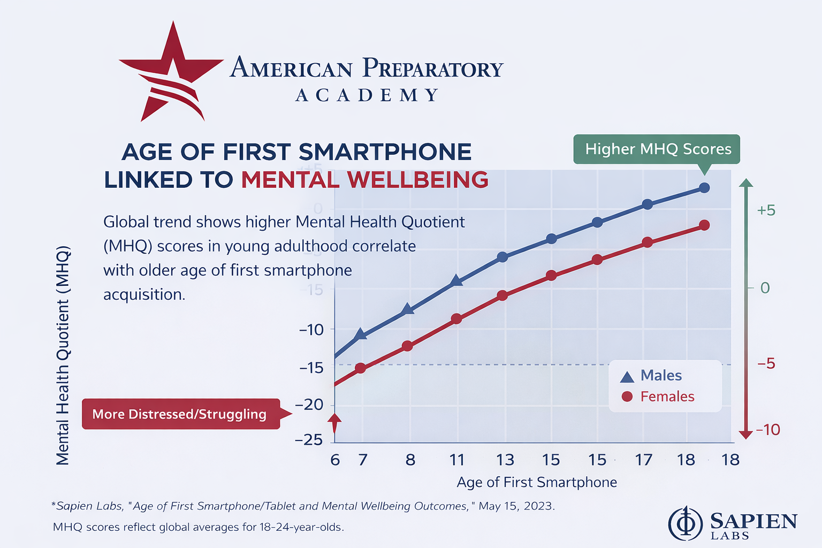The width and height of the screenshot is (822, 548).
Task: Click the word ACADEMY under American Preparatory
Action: [367, 95]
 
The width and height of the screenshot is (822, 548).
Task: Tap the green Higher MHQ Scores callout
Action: [657, 149]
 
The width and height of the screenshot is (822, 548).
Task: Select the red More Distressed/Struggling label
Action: [180, 414]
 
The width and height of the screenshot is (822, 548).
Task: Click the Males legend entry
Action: [651, 376]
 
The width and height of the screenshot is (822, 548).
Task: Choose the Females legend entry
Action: [658, 397]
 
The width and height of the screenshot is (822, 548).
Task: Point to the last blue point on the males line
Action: [704, 188]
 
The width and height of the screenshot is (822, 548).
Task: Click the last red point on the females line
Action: [704, 225]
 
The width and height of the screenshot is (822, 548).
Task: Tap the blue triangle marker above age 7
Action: [361, 334]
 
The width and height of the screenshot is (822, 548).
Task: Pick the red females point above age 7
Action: [361, 368]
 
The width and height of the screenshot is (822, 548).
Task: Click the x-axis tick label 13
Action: [505, 460]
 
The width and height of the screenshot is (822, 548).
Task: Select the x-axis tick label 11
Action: [456, 460]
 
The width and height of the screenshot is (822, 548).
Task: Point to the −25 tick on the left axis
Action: [309, 440]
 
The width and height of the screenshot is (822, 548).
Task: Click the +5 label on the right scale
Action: [766, 210]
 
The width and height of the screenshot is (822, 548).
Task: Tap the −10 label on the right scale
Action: [767, 430]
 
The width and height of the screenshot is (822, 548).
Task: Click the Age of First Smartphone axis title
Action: [537, 482]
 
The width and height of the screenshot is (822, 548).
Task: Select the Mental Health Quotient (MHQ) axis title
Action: [63, 355]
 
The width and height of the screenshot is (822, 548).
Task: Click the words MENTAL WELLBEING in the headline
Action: [364, 180]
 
